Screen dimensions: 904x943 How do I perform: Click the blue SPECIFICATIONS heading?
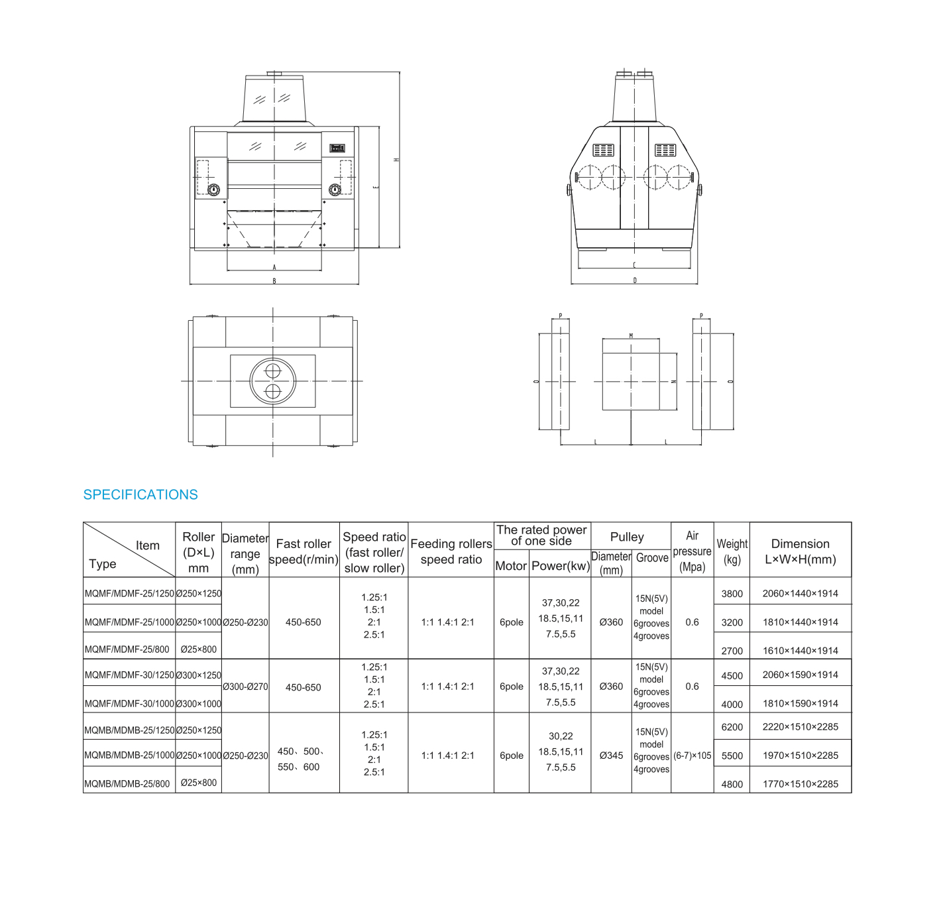[140, 494]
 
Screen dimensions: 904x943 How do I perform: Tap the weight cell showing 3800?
[732, 594]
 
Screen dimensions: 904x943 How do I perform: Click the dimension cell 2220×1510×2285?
[800, 727]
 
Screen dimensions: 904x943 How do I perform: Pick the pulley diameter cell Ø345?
[611, 756]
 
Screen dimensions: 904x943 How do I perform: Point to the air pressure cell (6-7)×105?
[692, 756]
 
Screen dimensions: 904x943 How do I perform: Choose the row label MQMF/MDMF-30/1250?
[129, 675]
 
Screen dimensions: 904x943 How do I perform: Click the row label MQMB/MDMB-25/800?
[127, 783]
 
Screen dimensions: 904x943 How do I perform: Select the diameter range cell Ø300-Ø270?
[245, 687]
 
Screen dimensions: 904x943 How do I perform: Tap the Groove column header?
[652, 558]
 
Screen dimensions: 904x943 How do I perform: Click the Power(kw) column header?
[561, 566]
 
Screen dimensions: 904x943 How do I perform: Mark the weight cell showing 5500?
[732, 756]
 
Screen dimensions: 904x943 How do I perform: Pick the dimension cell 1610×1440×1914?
[800, 651]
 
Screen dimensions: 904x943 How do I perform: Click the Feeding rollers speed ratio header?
[451, 551]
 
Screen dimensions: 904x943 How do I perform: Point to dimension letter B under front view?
[274, 281]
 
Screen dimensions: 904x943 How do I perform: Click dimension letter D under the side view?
[635, 280]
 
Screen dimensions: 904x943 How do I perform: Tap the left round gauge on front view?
[213, 190]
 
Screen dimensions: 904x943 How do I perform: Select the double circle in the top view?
[273, 381]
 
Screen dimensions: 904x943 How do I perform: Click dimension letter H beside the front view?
[396, 160]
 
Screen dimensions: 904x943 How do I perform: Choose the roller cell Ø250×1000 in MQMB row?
[199, 756]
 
